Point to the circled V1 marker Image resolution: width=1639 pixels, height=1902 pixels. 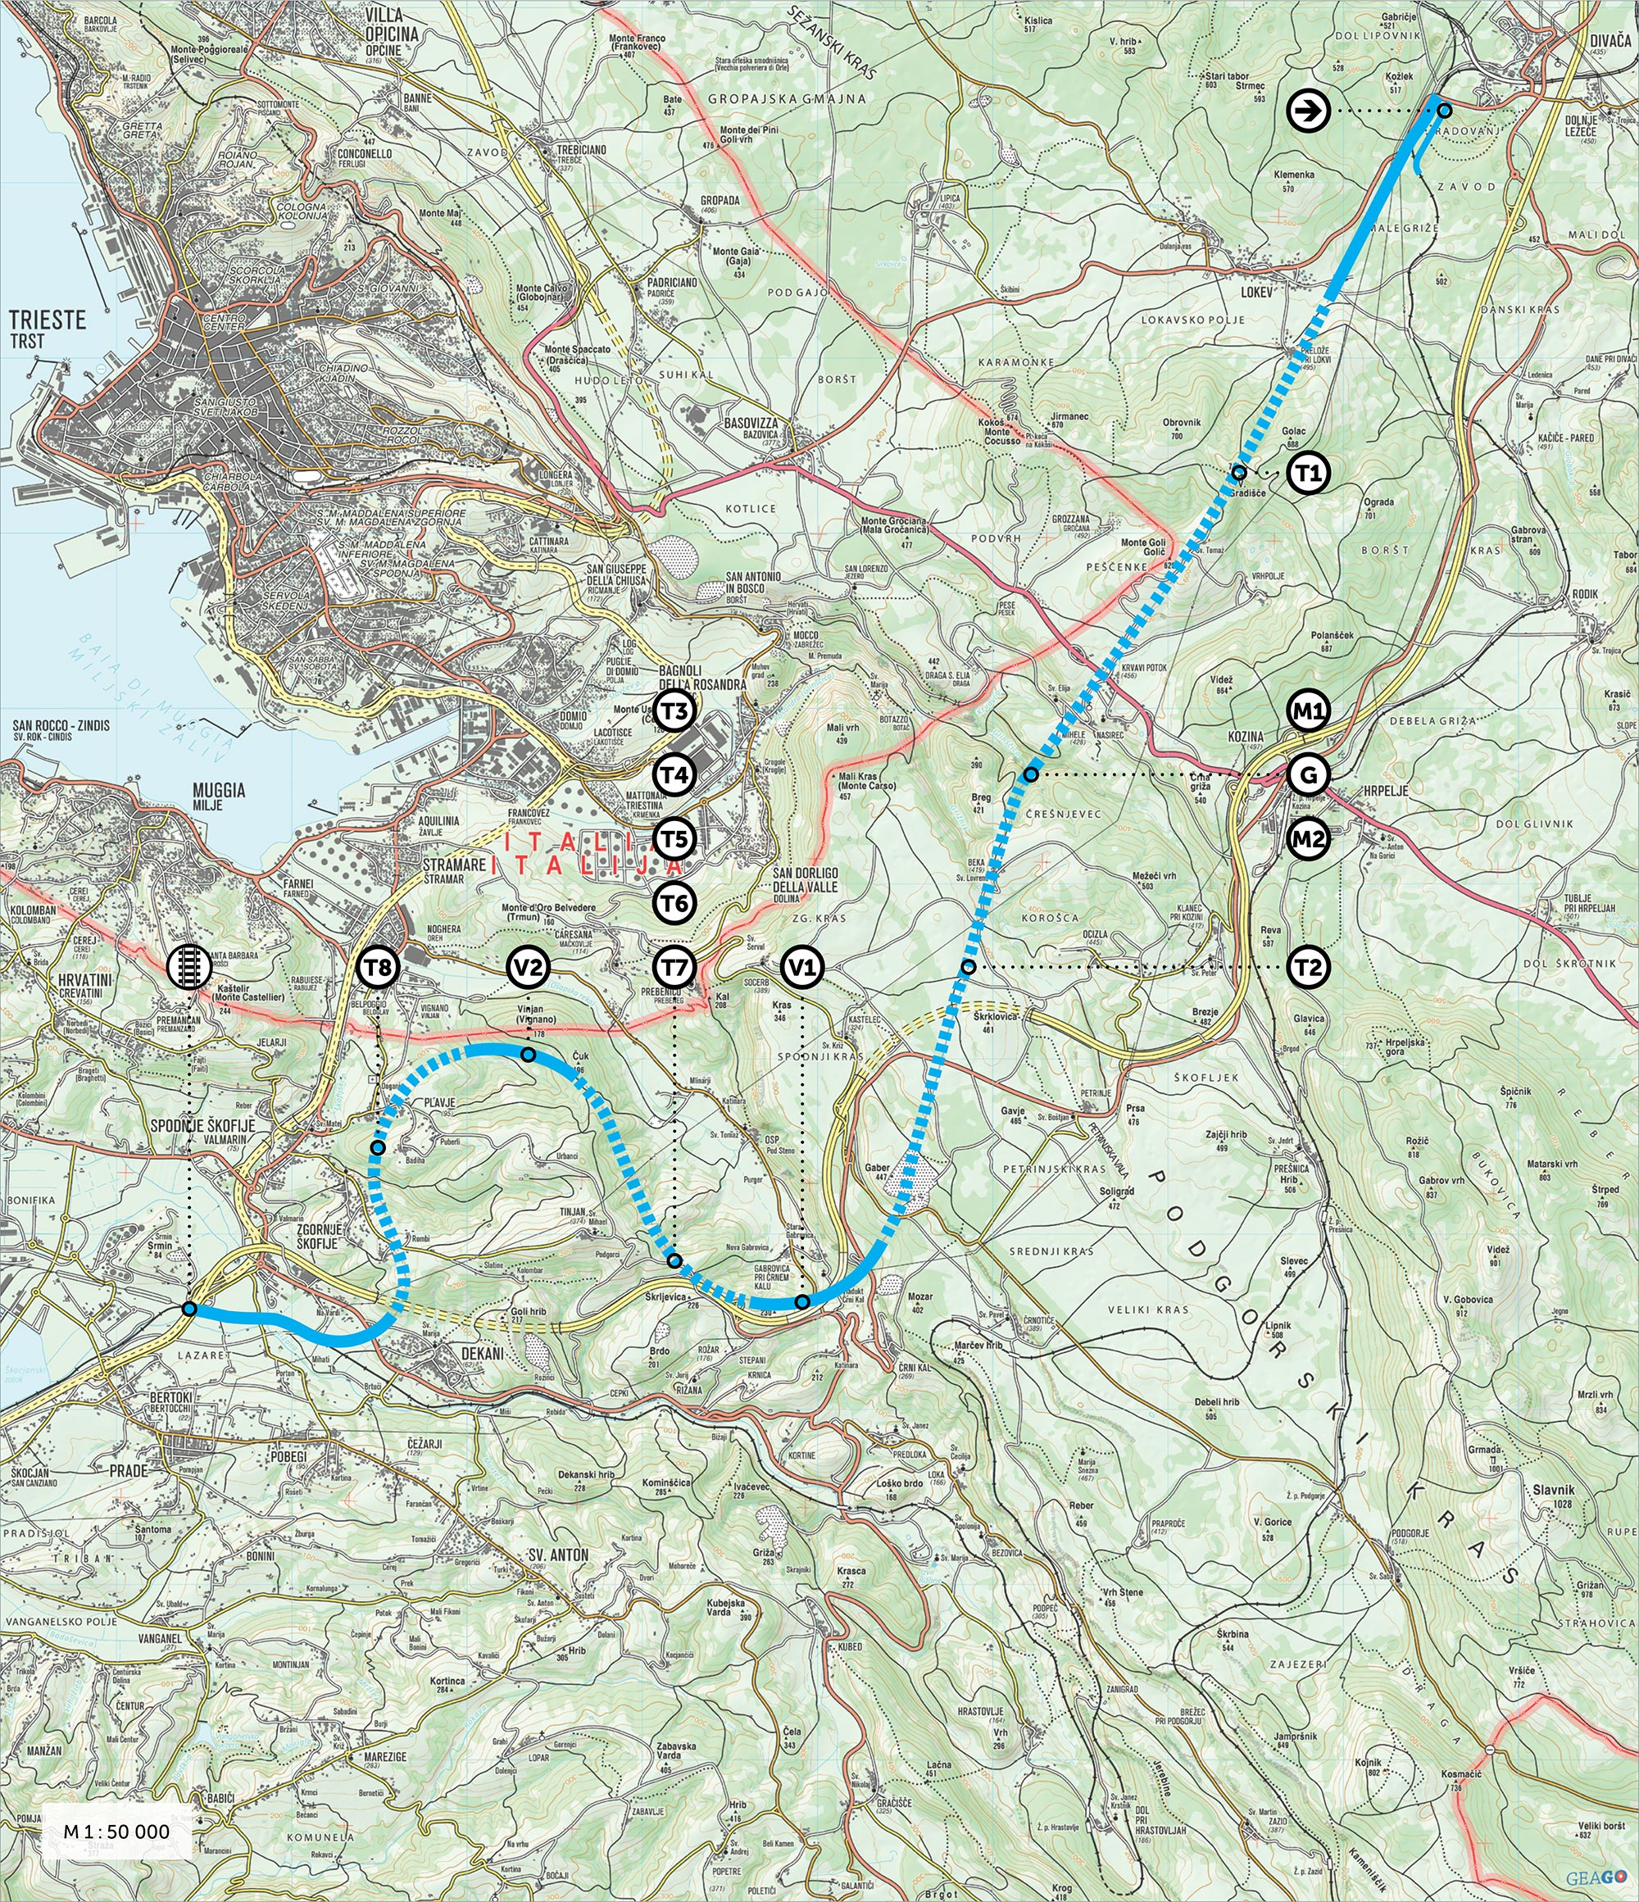[802, 967]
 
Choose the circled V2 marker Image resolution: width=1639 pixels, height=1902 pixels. [529, 967]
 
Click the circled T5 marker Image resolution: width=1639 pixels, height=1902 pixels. [675, 839]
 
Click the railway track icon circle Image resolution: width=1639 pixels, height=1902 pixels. [188, 967]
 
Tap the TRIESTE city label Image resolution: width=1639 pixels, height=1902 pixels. [47, 320]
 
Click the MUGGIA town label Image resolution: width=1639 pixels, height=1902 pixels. [218, 789]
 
